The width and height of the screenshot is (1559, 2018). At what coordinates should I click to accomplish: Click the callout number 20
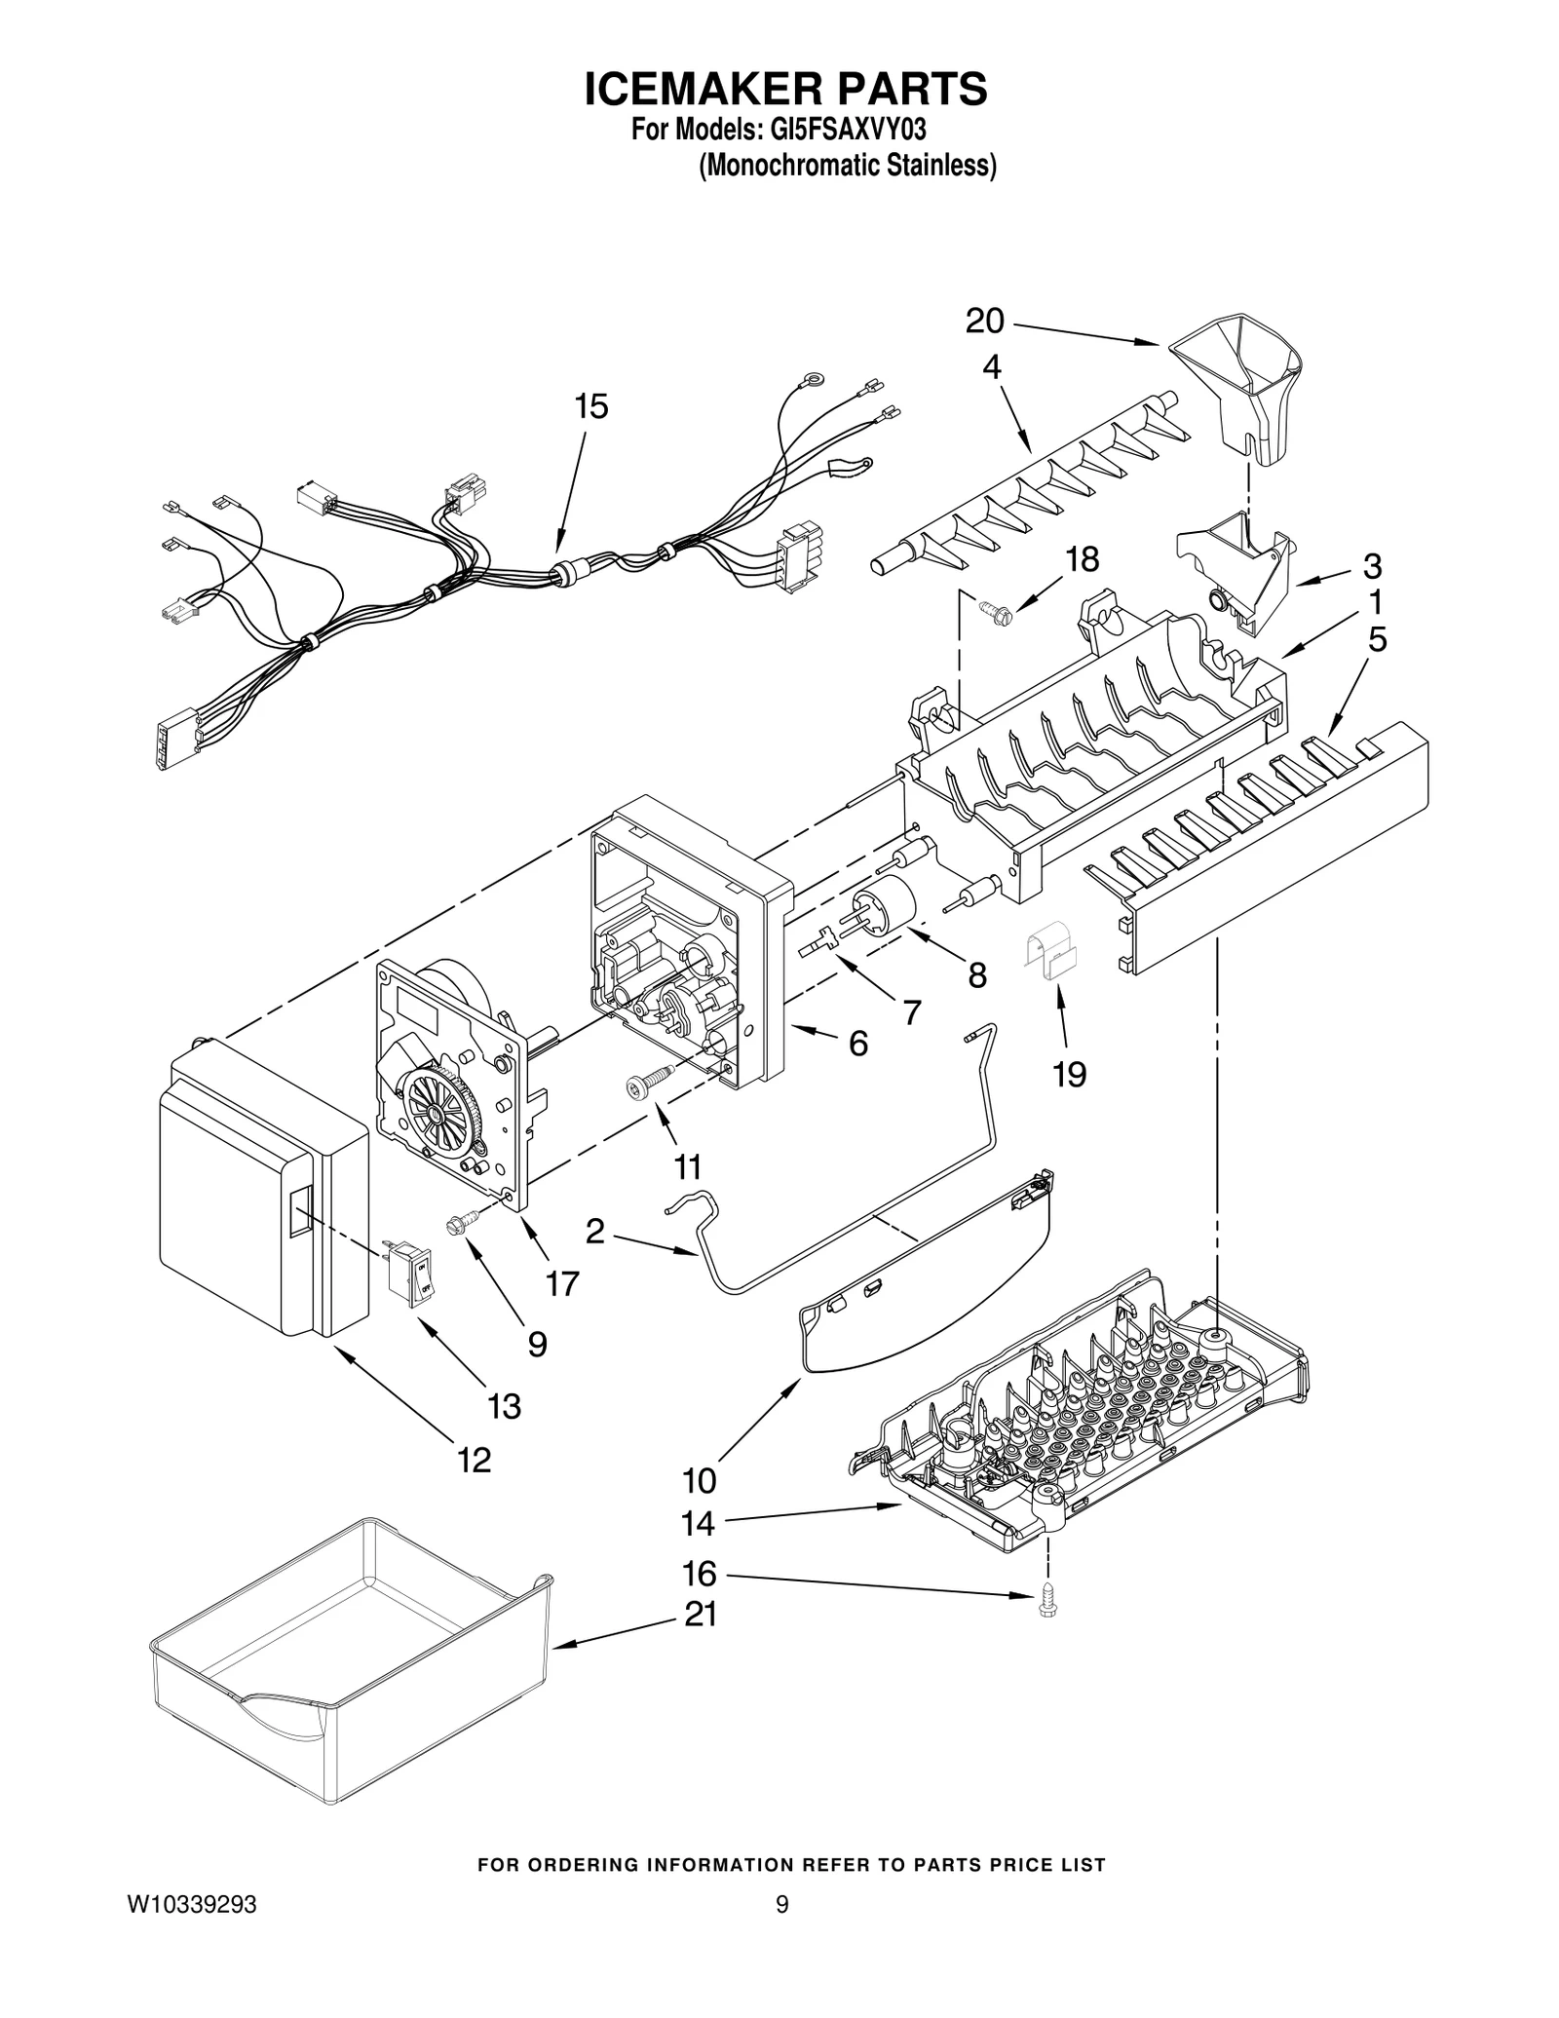pyautogui.click(x=984, y=322)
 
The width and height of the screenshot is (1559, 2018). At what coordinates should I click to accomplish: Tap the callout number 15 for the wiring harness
pyautogui.click(x=591, y=406)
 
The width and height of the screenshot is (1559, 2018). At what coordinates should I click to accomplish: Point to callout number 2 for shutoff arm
pyautogui.click(x=594, y=1233)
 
